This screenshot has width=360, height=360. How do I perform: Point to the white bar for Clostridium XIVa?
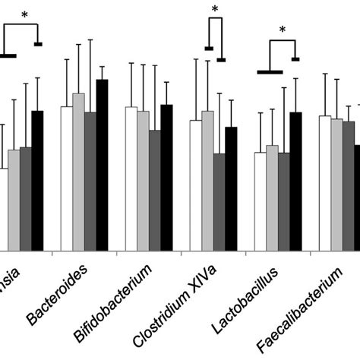[x=196, y=185]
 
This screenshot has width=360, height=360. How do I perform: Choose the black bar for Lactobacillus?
[x=295, y=182]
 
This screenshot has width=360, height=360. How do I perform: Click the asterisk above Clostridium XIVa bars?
[x=215, y=9]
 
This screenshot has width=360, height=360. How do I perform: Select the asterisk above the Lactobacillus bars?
[x=283, y=30]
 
